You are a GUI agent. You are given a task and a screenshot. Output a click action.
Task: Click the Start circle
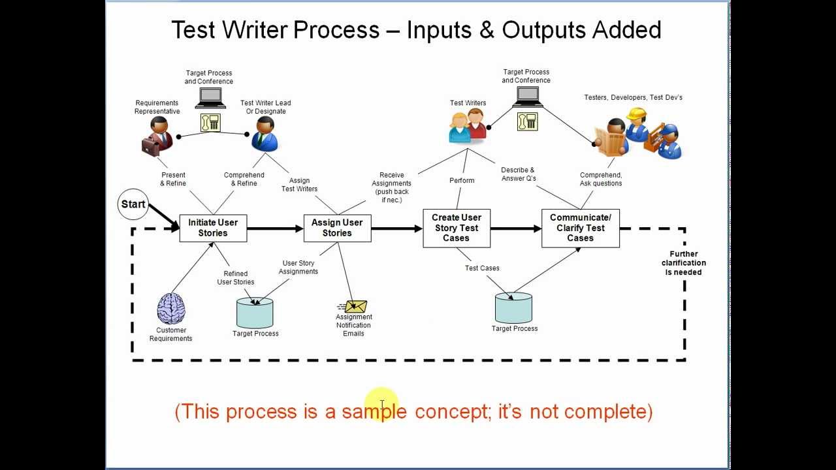(133, 204)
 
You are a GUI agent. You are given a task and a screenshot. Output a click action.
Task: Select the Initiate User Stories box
(213, 228)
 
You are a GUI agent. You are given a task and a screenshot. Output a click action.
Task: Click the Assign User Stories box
(337, 228)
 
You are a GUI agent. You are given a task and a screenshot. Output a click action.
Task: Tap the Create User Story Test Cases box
(456, 228)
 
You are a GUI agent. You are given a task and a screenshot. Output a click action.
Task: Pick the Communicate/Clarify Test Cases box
(580, 228)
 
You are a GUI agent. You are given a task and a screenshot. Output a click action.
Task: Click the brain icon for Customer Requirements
(171, 309)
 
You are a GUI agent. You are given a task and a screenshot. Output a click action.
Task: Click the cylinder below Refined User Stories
(255, 313)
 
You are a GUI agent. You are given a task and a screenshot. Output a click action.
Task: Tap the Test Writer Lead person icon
(265, 134)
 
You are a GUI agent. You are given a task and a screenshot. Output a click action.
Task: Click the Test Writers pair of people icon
(468, 125)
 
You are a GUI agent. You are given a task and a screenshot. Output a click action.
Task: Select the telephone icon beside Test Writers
(527, 121)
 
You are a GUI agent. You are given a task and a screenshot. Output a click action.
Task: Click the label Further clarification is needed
(683, 263)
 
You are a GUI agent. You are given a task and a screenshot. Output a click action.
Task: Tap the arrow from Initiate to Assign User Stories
(275, 228)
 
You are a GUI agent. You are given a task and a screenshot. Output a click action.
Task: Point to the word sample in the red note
(374, 411)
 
